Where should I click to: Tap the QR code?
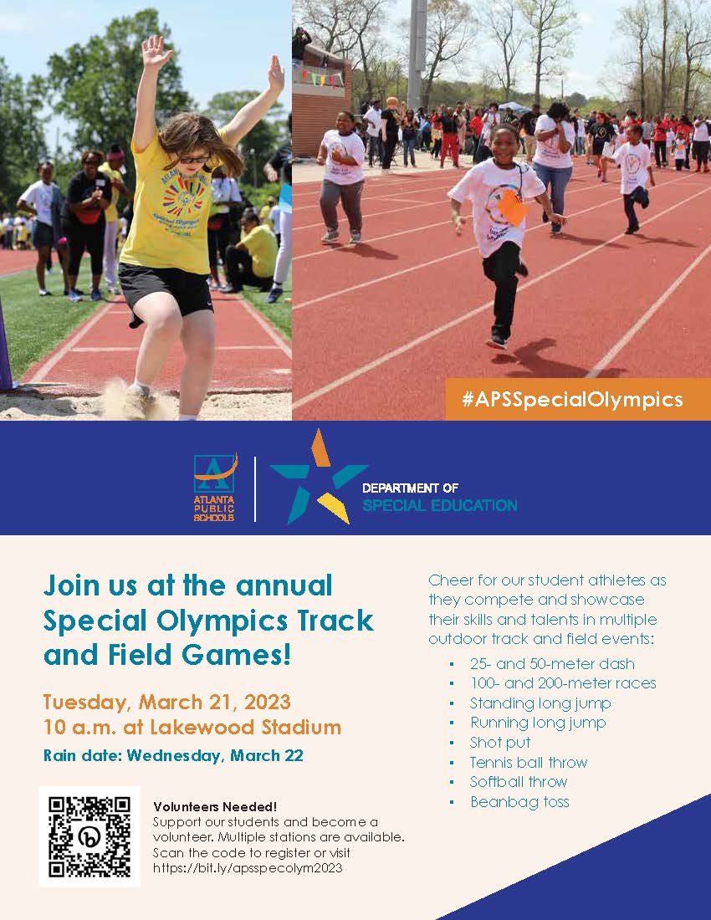(90, 836)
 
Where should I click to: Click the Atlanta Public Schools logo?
(215, 488)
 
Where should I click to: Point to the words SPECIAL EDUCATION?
(439, 505)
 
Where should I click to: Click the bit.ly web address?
(248, 868)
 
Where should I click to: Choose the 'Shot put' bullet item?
(500, 742)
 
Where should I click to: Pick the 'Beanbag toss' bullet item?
(519, 801)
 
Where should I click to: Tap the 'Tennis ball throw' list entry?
(528, 762)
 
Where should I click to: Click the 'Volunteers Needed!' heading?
(215, 806)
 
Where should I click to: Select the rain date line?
(173, 755)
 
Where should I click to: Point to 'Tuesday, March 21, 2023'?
(167, 703)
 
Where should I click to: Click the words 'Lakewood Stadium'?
(246, 728)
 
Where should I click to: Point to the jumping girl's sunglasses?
(193, 159)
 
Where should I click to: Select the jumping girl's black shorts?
(166, 290)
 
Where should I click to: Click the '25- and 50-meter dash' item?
(552, 663)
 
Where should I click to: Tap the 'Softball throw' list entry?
(519, 781)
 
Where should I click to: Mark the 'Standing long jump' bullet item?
(540, 703)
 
